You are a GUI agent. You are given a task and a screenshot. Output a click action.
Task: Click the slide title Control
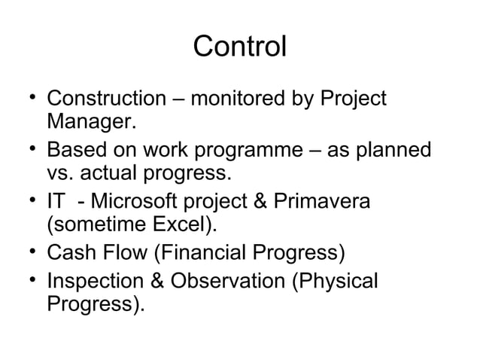click(239, 47)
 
